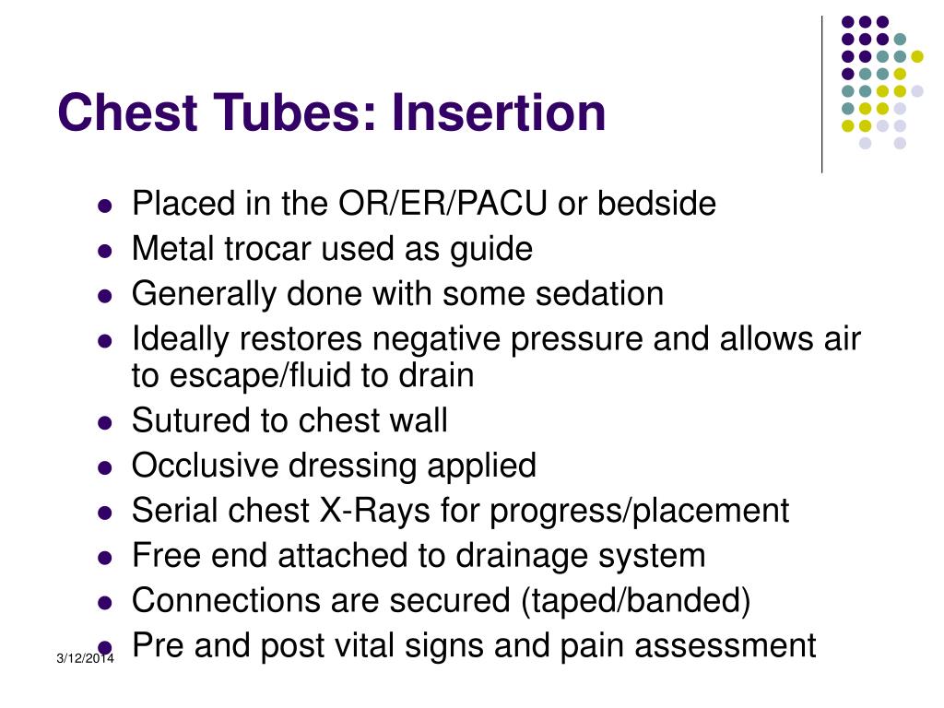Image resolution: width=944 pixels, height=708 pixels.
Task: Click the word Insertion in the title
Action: [x=499, y=112]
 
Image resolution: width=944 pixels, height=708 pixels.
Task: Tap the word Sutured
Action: [x=192, y=420]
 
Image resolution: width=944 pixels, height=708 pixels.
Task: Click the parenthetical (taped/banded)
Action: [x=634, y=601]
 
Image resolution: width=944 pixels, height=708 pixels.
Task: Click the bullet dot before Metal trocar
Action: [x=105, y=252]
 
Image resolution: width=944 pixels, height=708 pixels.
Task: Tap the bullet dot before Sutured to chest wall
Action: [x=105, y=423]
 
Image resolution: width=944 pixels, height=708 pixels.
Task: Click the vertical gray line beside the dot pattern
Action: [x=821, y=92]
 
